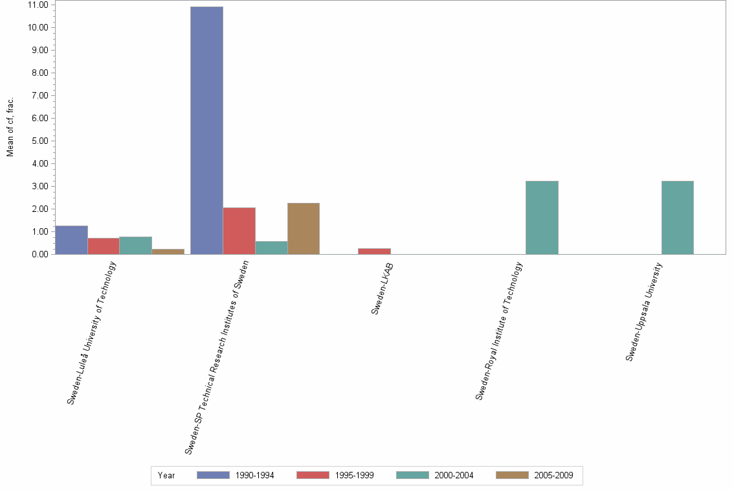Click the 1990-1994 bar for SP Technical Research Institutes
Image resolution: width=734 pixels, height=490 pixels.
tap(206, 130)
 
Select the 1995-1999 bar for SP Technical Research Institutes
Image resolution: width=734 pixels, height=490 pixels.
tap(239, 231)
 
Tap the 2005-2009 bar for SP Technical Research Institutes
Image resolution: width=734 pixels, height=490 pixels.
tap(304, 229)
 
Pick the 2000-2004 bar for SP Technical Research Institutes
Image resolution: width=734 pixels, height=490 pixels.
tap(271, 248)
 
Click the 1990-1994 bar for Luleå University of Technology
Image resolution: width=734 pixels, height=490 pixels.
tap(71, 240)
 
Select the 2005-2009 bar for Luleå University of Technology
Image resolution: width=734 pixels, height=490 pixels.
tap(168, 251)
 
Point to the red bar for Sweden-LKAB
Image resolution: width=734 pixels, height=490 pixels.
tap(375, 251)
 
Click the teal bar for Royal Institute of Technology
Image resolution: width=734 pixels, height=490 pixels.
tap(542, 218)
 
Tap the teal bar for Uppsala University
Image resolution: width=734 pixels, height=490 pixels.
tap(678, 218)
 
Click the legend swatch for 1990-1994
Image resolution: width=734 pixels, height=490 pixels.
tap(213, 475)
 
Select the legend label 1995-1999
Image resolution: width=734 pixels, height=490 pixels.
tap(354, 475)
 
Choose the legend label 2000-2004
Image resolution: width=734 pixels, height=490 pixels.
tap(454, 475)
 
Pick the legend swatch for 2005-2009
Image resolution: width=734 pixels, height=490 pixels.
tap(512, 475)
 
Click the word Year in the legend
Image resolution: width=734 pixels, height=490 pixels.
tap(166, 475)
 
